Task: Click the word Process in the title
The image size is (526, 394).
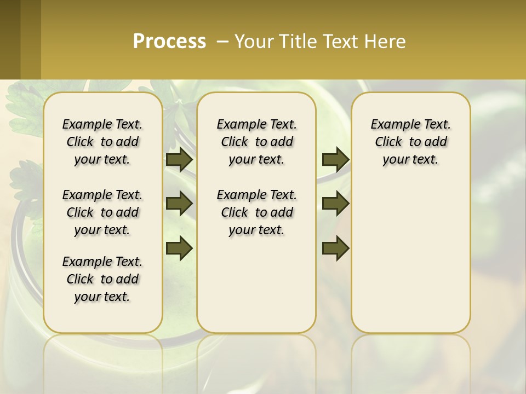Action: coord(169,42)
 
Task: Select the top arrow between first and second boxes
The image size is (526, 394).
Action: coord(179,159)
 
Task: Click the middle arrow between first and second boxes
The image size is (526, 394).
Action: coord(179,204)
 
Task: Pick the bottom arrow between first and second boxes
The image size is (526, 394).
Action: coord(179,248)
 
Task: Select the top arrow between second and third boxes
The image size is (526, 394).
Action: coord(335,159)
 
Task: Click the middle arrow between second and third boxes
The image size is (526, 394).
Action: coord(335,204)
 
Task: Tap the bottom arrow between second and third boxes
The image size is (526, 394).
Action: coord(335,248)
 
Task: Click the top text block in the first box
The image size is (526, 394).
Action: coord(102,142)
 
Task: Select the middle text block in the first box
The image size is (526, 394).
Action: coord(102,212)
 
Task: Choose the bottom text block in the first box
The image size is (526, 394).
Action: coord(102,279)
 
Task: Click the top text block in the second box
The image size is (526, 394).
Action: coord(256,142)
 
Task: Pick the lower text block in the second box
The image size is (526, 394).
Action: coord(256,212)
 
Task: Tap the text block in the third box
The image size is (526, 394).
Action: coord(411,142)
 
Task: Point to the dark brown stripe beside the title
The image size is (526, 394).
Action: coord(10,39)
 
